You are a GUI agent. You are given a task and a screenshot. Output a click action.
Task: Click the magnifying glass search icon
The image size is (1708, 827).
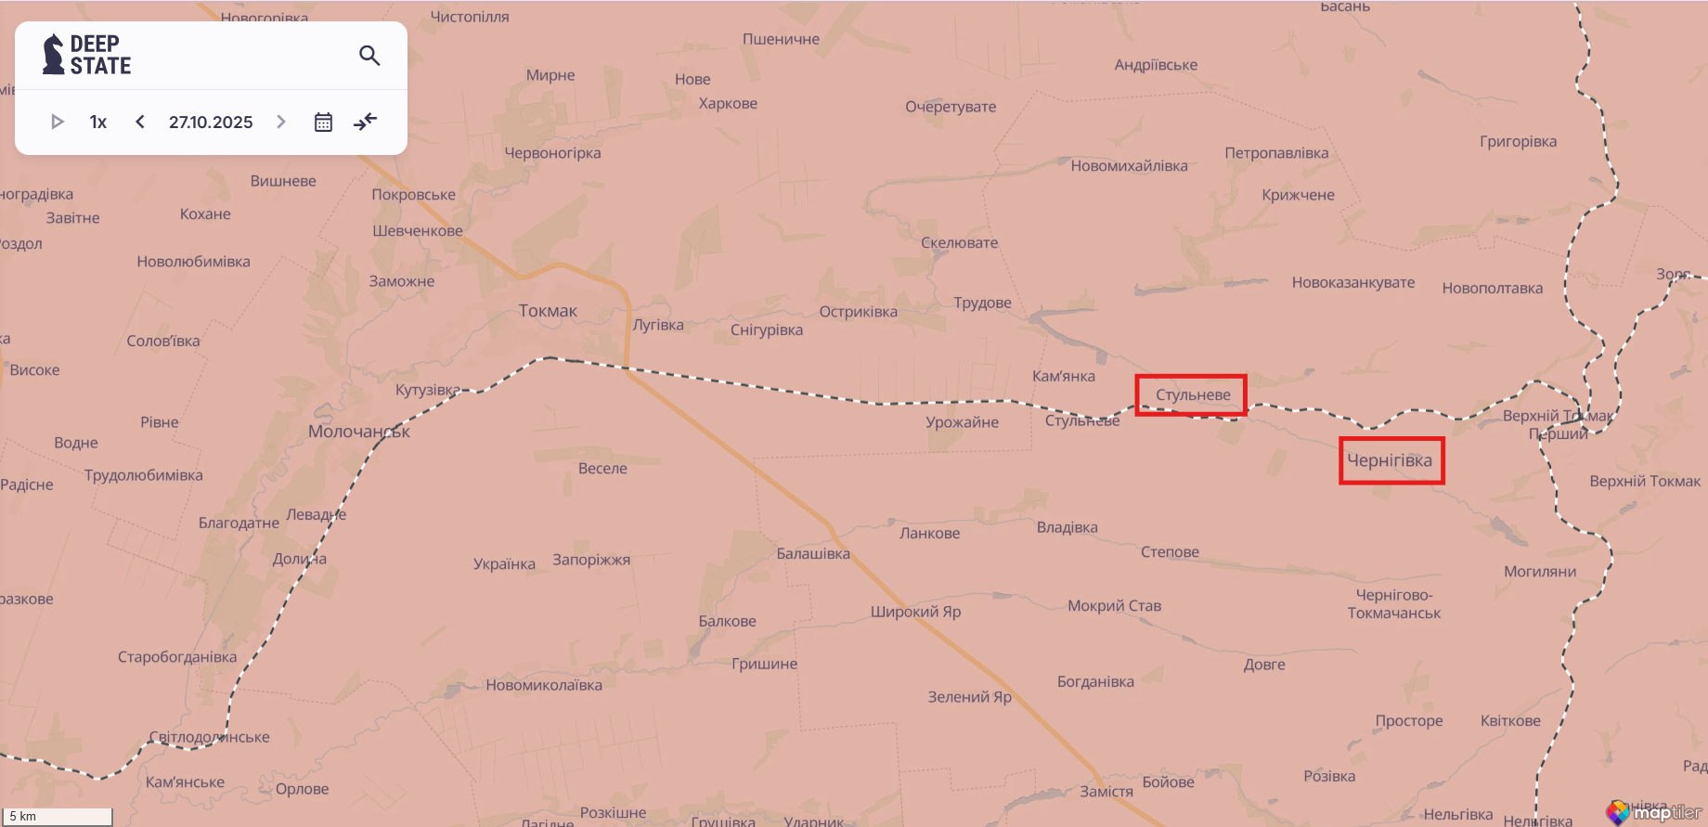[369, 56]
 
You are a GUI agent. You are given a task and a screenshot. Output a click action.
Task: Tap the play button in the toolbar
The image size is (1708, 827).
[57, 122]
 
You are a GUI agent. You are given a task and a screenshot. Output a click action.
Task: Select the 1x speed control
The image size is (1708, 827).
[98, 122]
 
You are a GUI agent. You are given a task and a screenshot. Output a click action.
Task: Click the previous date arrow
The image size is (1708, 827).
[140, 122]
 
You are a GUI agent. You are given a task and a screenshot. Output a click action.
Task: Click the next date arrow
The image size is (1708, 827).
[281, 122]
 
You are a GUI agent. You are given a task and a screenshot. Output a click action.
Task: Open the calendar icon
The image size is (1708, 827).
[323, 122]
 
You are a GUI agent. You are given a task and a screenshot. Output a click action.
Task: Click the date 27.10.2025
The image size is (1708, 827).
[211, 122]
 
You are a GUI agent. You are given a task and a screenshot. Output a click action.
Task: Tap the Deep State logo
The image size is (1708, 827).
[87, 55]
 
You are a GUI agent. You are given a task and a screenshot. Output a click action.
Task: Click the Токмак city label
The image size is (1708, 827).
[548, 311]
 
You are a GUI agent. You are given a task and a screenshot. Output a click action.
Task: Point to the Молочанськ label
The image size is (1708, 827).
[358, 432]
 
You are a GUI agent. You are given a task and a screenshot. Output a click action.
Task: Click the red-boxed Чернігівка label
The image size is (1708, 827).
[1390, 460]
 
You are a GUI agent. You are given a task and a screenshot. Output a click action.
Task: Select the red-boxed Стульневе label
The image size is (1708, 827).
[1193, 395]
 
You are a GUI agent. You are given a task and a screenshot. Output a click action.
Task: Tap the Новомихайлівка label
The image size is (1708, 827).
[1129, 166]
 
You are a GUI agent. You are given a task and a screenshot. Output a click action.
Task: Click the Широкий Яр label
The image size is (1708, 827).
[915, 612]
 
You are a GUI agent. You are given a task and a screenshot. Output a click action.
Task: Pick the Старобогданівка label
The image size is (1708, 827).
[177, 657]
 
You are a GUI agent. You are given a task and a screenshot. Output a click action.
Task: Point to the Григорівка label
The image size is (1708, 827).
[1518, 142]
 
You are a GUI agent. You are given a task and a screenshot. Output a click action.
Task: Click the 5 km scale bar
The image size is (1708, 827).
[58, 817]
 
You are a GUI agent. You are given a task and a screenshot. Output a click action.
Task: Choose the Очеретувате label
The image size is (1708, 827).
[951, 107]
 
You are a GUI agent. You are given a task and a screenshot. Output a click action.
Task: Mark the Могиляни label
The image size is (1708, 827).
[1540, 572]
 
